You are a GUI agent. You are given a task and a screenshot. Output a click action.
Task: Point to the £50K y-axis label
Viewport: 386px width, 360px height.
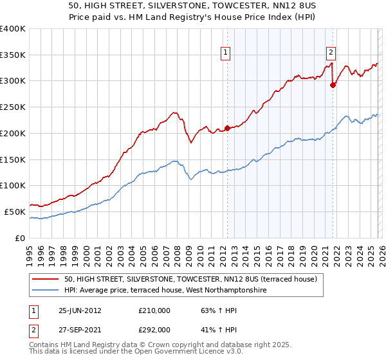[15, 212]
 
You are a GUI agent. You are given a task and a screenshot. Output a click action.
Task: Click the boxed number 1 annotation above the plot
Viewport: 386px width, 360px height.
[226, 53]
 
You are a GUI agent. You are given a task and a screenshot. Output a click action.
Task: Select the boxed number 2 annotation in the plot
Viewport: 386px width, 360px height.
[331, 53]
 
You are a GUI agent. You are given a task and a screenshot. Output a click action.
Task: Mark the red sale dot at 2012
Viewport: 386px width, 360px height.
[227, 128]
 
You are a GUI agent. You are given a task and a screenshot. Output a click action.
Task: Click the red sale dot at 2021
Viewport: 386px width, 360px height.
[333, 85]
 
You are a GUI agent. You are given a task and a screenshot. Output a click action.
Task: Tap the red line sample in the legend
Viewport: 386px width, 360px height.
[46, 280]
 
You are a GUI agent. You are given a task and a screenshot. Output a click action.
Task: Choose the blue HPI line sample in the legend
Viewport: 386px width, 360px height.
[46, 291]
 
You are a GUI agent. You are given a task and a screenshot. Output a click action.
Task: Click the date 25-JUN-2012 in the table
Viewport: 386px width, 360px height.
[80, 310]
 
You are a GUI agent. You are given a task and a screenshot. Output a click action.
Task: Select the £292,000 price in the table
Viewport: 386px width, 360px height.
[154, 330]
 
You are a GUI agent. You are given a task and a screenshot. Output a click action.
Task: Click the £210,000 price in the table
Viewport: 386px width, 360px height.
[154, 310]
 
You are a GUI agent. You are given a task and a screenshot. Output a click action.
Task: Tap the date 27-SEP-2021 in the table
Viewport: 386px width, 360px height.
[80, 330]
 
